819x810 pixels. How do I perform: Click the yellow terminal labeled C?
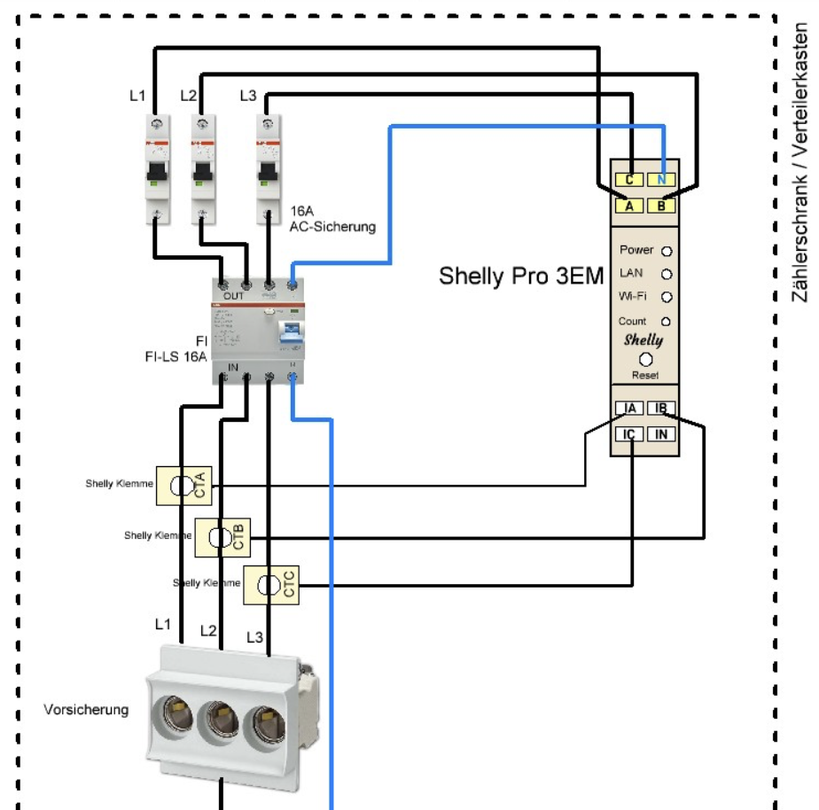(x=628, y=180)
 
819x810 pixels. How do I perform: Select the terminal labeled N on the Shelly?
(x=662, y=180)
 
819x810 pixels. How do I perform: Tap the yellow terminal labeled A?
(x=628, y=206)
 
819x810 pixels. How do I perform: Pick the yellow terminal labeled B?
(x=662, y=206)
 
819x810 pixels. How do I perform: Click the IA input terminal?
(x=630, y=409)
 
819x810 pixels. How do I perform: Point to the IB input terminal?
(x=660, y=409)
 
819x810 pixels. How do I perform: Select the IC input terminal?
(x=630, y=434)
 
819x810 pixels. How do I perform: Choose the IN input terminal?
(x=660, y=434)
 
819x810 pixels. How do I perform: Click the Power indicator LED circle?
(x=667, y=252)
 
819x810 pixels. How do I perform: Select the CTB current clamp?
(x=222, y=537)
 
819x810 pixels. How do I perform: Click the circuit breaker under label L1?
(x=156, y=167)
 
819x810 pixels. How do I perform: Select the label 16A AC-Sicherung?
(x=332, y=220)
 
